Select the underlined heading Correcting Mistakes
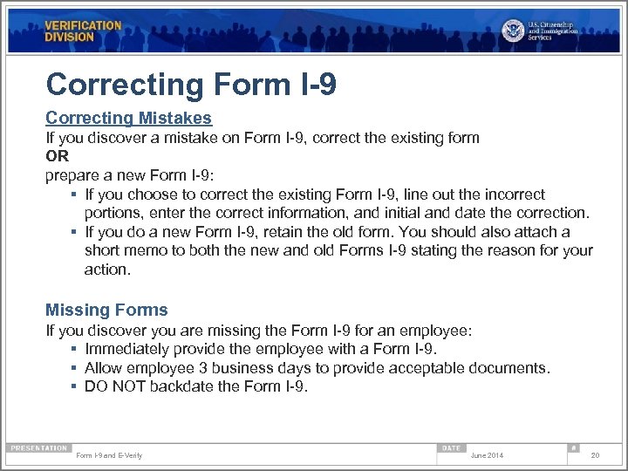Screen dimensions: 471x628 (128, 118)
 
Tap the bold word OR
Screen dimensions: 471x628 (57, 156)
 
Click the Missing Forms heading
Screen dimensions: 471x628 (106, 310)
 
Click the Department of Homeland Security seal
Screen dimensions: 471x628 (514, 31)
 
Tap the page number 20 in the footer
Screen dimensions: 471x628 (595, 455)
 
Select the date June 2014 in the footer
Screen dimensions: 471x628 (487, 455)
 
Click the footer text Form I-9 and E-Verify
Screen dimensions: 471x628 (109, 455)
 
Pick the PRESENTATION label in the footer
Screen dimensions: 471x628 (38, 447)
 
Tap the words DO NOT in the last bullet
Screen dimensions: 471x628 (115, 386)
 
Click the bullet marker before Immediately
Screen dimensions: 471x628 (75, 350)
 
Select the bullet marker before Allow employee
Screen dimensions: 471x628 (75, 368)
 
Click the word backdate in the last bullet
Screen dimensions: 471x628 (180, 386)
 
